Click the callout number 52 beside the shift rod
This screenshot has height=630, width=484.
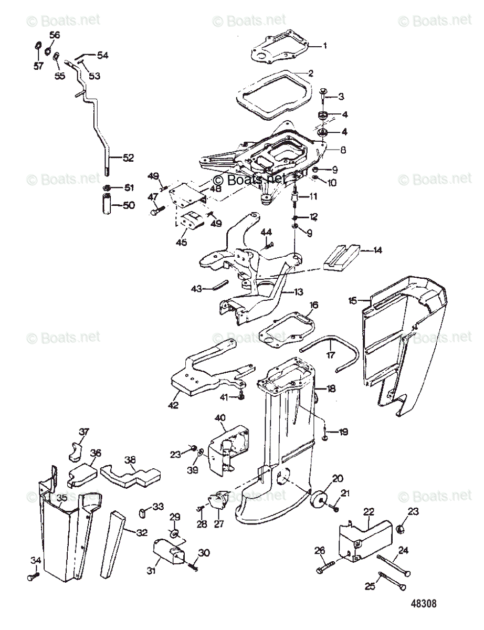(129, 157)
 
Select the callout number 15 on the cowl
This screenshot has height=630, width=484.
(353, 300)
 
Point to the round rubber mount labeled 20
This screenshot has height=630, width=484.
(318, 498)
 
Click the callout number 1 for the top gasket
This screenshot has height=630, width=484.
(325, 46)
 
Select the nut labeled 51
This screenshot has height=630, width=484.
(107, 188)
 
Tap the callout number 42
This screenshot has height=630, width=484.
(173, 405)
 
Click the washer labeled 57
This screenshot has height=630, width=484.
(38, 48)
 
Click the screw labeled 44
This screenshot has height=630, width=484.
(269, 243)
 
